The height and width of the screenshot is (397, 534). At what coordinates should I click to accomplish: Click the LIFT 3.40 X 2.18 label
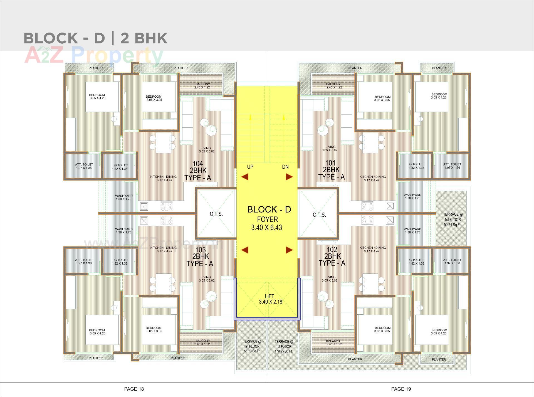point(270,299)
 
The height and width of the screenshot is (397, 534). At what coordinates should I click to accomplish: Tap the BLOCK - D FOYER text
point(269,218)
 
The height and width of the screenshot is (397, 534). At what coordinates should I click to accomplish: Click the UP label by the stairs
point(250,167)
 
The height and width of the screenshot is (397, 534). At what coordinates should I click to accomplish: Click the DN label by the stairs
point(285,167)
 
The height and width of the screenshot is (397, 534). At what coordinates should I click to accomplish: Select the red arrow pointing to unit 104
point(244,177)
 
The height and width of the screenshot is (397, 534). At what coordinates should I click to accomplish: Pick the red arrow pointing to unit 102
point(289,250)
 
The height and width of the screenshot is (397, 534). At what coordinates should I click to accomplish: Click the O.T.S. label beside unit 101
point(319,215)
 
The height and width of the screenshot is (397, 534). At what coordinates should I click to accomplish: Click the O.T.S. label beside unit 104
point(216,214)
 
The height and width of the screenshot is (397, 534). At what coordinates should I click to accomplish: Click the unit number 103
point(200,250)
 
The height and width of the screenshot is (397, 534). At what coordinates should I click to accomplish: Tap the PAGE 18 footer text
point(134,389)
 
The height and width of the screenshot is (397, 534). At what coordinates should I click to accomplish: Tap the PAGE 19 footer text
point(401,389)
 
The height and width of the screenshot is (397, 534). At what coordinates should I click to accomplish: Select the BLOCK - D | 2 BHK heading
point(95,38)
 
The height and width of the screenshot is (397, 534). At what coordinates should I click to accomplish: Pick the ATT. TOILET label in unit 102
point(452,262)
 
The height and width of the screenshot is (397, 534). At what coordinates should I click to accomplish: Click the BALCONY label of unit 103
point(202,342)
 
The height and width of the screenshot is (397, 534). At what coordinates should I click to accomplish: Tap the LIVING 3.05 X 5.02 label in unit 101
point(330,148)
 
